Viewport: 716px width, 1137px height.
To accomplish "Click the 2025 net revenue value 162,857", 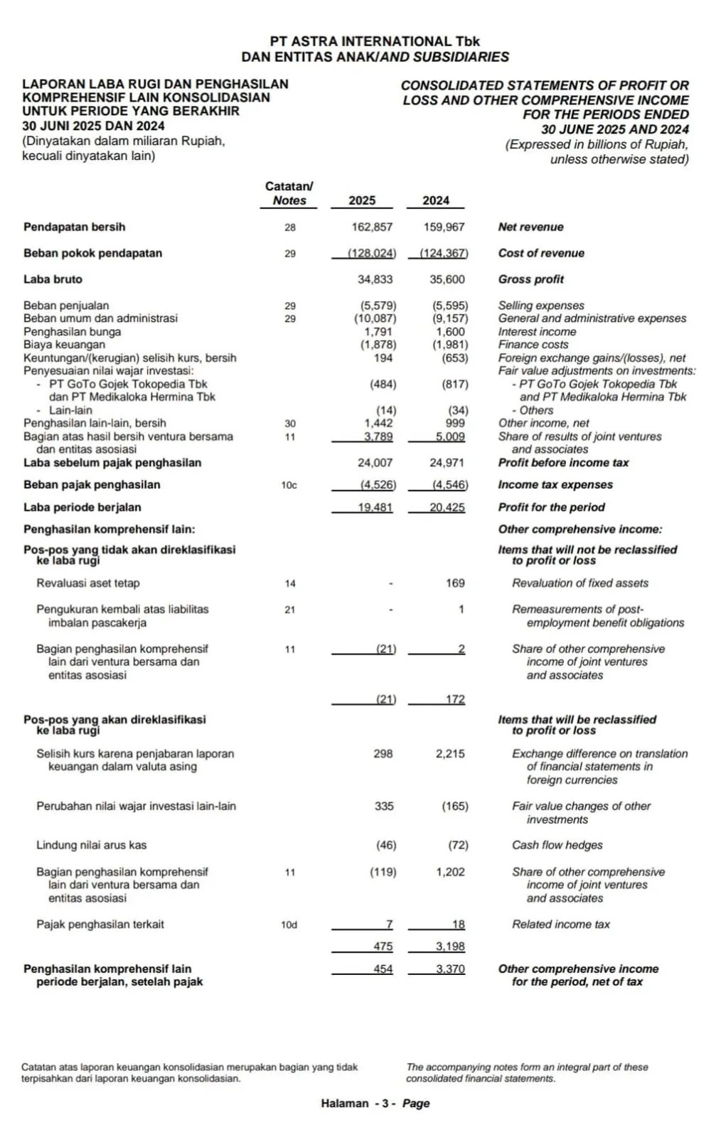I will pos(372,227).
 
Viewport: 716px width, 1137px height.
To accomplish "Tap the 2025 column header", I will pos(362,201).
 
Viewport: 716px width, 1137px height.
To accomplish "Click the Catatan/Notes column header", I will pos(289,193).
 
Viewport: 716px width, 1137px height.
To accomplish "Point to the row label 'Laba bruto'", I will pos(53,280).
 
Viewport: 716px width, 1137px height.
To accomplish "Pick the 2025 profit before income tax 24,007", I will pos(375,463).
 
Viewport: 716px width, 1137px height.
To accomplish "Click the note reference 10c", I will pos(289,485).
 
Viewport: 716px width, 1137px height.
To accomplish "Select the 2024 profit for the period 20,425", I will pos(447,508).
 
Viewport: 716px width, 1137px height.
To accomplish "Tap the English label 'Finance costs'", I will pos(533,345).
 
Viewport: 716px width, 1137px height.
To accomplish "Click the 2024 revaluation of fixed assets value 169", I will pos(455,583).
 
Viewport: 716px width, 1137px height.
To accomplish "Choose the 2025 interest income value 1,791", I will pos(378,332).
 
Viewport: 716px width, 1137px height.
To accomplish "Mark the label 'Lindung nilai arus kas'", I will pos(91,846).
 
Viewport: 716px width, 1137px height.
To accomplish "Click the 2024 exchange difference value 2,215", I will pos(450,754).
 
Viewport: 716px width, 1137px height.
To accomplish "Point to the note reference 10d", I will pos(289,925).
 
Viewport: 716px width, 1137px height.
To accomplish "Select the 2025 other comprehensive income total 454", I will pos(383,969).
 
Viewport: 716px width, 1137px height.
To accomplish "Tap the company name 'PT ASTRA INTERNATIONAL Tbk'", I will pos(375,42).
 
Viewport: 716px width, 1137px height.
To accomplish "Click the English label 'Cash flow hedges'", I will pos(557,846).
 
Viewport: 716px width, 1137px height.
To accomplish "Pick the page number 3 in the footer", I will pos(385,1104).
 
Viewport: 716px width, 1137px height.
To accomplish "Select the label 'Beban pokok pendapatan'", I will pos(92,254).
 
